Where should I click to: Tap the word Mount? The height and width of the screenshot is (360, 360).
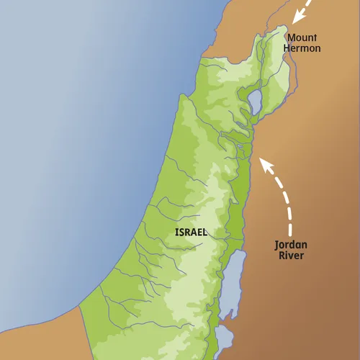(x=302, y=37)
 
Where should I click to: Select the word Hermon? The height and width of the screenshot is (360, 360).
(x=302, y=49)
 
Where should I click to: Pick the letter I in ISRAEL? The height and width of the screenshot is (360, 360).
(x=176, y=233)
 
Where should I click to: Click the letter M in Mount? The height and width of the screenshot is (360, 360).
(x=290, y=37)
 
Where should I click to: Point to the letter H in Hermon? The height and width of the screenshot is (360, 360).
(x=288, y=49)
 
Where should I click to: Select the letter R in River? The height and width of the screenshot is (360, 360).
(x=282, y=256)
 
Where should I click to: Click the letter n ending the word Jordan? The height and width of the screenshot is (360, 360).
(x=307, y=245)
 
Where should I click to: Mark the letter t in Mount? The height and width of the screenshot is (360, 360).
(x=315, y=37)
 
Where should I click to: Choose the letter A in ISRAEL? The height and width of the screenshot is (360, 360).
(x=194, y=233)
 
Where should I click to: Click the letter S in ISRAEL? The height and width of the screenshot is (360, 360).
(x=181, y=233)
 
